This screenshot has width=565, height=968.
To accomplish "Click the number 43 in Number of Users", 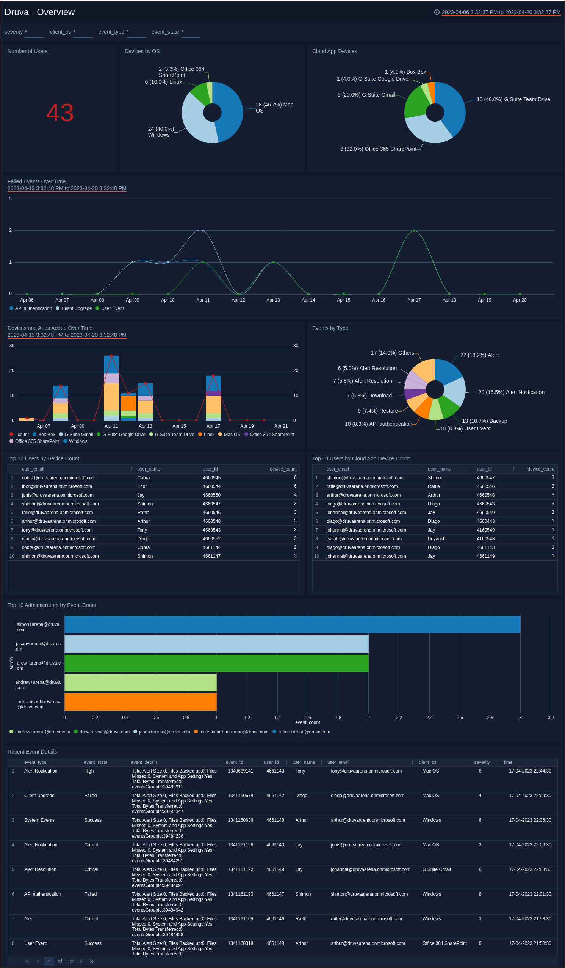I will click(60, 113).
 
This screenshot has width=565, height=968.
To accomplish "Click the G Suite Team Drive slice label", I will click(513, 100).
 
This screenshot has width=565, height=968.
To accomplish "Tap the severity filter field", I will click(34, 32).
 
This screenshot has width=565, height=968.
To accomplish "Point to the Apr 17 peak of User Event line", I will click(414, 230).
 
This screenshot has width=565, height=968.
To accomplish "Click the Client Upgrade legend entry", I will click(76, 308).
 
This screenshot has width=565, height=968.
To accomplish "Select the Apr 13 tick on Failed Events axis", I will click(273, 300).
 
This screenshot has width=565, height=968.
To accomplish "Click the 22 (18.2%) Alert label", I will click(479, 355).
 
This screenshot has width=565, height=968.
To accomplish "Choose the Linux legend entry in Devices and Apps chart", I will click(208, 435).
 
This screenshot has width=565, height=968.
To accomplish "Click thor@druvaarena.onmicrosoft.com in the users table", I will click(57, 486).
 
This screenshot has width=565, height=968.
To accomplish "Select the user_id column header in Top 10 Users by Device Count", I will click(210, 469).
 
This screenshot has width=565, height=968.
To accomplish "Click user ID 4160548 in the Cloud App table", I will click(485, 538).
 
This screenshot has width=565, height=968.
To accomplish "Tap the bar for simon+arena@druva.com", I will click(292, 625).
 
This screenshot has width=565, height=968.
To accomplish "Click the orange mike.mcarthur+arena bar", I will click(140, 702).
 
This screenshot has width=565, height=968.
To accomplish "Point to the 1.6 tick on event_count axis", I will click(308, 717).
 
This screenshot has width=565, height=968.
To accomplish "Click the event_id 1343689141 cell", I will click(241, 771).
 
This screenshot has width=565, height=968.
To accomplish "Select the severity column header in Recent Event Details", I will click(482, 762).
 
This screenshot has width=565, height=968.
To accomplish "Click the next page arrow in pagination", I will click(81, 962).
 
